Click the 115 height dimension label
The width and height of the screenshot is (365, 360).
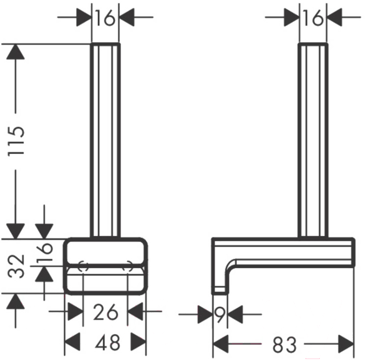pos(16,141)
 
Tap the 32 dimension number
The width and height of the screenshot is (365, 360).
pos(16,266)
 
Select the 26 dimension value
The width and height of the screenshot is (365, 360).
pos(105,312)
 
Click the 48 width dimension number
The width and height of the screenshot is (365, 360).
pos(107,342)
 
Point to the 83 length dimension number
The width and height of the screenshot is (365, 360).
pos(285,344)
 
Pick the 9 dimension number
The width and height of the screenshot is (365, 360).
pos(220,314)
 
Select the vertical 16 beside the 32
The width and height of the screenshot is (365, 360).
pos(45,252)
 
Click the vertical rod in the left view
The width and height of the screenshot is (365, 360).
pos(105,140)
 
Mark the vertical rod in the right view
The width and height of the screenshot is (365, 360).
pos(313,140)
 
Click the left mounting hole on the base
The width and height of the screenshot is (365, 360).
pos(83,266)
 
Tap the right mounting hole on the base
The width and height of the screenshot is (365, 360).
pos(128,266)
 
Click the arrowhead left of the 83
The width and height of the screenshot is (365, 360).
pos(220,344)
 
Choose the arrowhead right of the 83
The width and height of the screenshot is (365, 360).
pos(346,344)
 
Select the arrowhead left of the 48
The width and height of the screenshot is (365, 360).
pos(73,342)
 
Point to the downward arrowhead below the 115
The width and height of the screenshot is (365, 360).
pos(15,231)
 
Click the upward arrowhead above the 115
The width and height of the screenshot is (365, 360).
pos(15,51)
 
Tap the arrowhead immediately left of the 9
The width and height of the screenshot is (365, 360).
pos(205,314)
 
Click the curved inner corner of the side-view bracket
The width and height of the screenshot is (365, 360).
pos(230,265)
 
